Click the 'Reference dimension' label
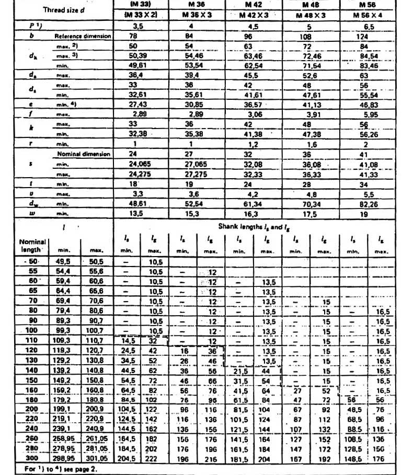tap(83, 37)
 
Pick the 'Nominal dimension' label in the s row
tap(83, 154)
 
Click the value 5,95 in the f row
tap(364, 114)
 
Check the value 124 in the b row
tap(362, 37)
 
